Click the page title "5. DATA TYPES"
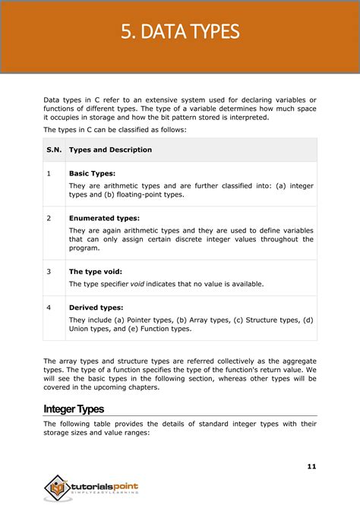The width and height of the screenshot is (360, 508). click(x=180, y=32)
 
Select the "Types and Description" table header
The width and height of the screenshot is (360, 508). click(x=110, y=150)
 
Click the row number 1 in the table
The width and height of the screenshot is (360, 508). click(x=49, y=173)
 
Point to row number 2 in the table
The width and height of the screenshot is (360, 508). click(x=49, y=218)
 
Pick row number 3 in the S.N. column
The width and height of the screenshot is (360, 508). click(x=49, y=271)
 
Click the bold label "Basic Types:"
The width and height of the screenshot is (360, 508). click(x=92, y=173)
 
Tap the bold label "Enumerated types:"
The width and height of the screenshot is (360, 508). click(x=104, y=218)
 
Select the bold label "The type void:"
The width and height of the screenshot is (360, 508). click(x=95, y=271)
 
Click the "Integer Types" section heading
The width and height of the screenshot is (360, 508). click(x=74, y=409)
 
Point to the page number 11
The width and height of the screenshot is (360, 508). click(x=311, y=465)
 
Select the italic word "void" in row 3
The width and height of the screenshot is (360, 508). click(x=137, y=284)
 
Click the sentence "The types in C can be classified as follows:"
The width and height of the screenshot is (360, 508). click(x=115, y=130)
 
